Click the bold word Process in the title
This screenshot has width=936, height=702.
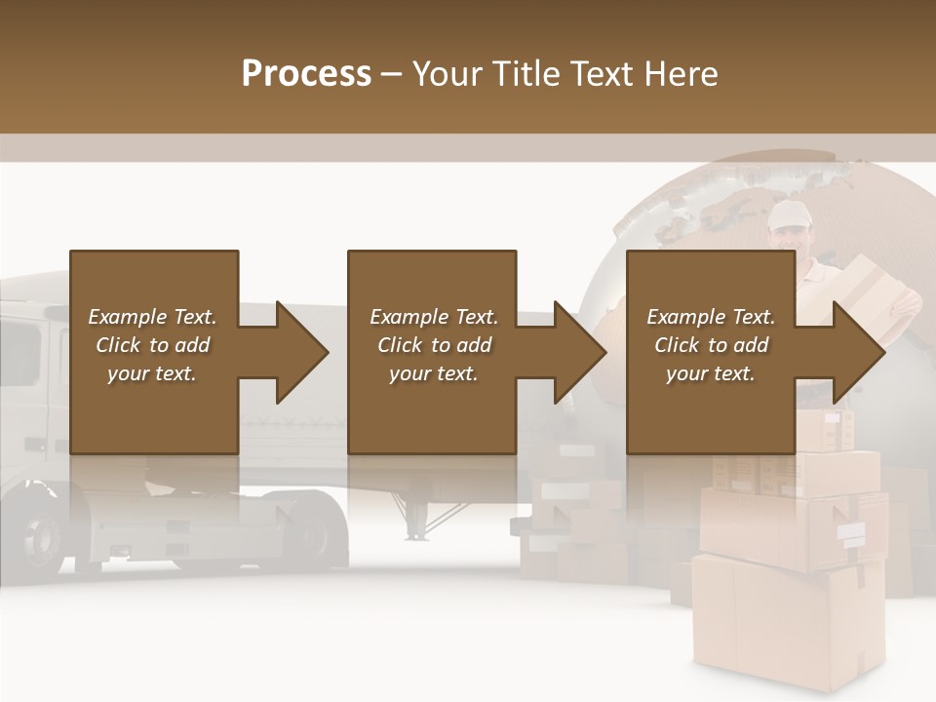[x=306, y=74]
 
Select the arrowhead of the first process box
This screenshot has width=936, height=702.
[x=301, y=352]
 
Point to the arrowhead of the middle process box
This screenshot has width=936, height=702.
[x=579, y=352]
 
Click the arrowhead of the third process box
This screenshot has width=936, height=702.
[x=859, y=352]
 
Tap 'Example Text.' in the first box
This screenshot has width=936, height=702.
[x=153, y=317]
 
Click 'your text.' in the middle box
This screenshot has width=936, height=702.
[x=433, y=373]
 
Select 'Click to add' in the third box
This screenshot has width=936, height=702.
[x=712, y=345]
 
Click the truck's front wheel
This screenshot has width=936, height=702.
[x=45, y=535]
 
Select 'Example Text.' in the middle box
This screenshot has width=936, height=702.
[x=433, y=317]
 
